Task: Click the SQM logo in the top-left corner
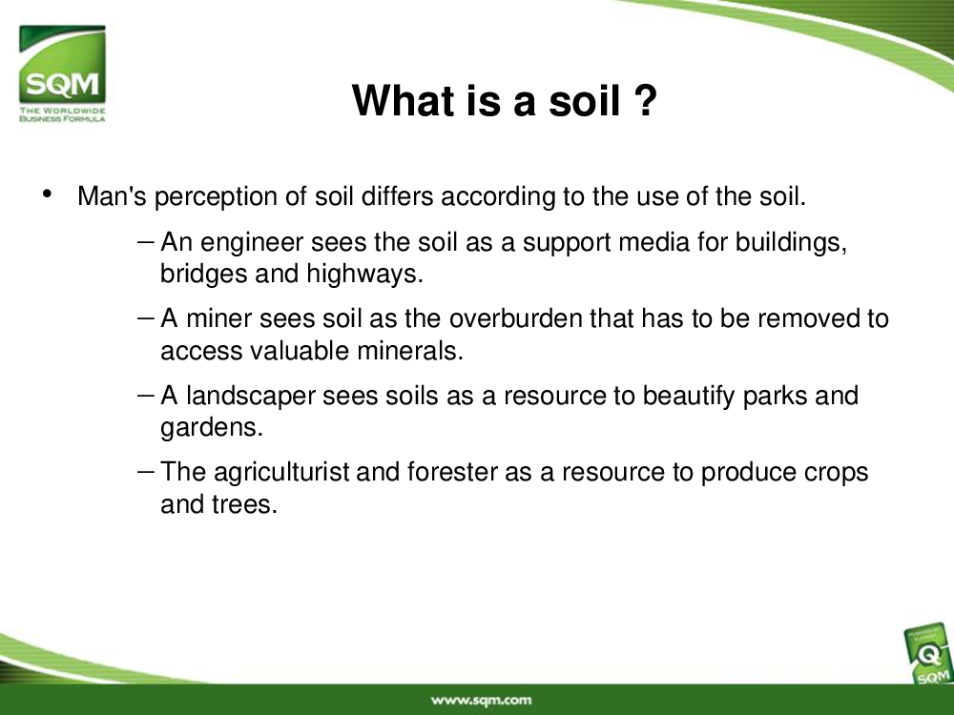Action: click(x=62, y=73)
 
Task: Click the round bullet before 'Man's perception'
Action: click(x=48, y=194)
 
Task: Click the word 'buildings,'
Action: click(x=791, y=242)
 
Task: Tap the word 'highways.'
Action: click(x=364, y=274)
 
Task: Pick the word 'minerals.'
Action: click(x=410, y=351)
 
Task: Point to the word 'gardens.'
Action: click(x=212, y=427)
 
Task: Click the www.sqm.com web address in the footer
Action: click(x=481, y=701)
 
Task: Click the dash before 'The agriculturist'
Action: click(x=146, y=470)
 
